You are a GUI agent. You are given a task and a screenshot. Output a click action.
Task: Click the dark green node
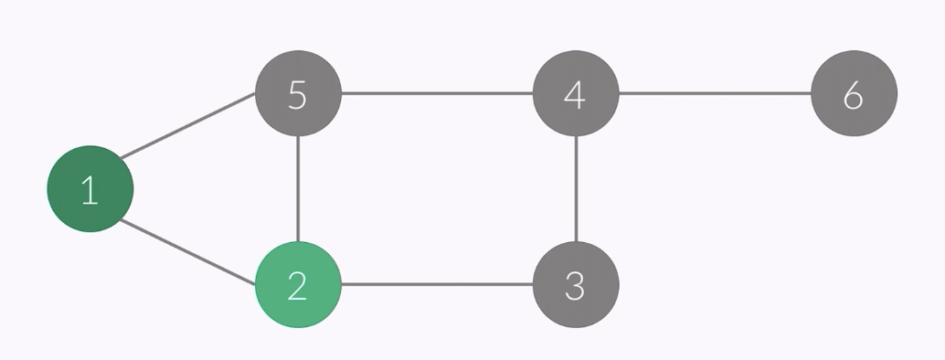pos(90,189)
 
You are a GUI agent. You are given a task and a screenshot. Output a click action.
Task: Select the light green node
pos(298,284)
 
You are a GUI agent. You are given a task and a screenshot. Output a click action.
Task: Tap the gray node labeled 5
pos(298,93)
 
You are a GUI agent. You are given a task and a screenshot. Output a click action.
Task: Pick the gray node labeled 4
pos(576,93)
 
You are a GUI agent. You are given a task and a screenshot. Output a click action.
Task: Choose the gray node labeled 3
pos(576,284)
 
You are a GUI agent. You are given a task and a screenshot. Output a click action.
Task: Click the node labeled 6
pos(854,93)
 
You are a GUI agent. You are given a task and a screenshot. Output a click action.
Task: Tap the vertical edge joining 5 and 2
pos(298,189)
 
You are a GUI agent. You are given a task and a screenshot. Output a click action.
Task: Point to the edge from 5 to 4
pos(437,93)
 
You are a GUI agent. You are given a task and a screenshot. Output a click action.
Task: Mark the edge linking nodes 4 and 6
pos(715,93)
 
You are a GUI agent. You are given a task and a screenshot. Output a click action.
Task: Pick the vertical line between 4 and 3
pos(576,189)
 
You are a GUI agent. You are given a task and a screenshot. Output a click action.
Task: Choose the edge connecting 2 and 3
pos(437,284)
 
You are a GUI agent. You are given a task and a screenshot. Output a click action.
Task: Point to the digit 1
pos(90,190)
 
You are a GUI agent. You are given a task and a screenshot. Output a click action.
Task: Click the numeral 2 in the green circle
pos(298,285)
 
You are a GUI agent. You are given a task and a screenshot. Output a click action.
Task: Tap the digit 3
pos(576,285)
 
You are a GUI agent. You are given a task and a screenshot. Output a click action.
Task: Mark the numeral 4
pos(575,94)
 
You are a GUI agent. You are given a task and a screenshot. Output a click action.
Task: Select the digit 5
pos(298,94)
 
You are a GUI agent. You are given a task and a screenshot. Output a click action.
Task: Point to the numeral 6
pos(854,94)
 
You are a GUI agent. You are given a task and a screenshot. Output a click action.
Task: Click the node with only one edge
pos(854,93)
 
